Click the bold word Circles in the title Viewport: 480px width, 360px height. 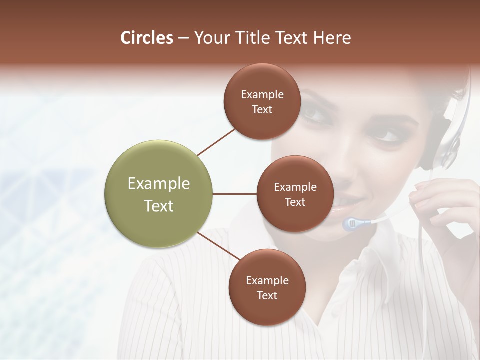[x=147, y=38]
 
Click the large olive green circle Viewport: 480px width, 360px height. [x=158, y=194]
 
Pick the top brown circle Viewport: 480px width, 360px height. [x=262, y=101]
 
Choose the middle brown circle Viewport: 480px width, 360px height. [x=295, y=194]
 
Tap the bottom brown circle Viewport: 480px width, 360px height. [x=267, y=287]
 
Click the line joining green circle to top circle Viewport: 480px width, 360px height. [x=217, y=141]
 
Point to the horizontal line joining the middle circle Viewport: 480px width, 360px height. [x=234, y=194]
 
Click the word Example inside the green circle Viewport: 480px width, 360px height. [x=158, y=184]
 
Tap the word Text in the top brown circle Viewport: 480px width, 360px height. [x=262, y=110]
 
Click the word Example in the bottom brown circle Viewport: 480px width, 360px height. [x=267, y=280]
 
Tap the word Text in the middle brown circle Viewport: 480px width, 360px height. [x=295, y=202]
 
